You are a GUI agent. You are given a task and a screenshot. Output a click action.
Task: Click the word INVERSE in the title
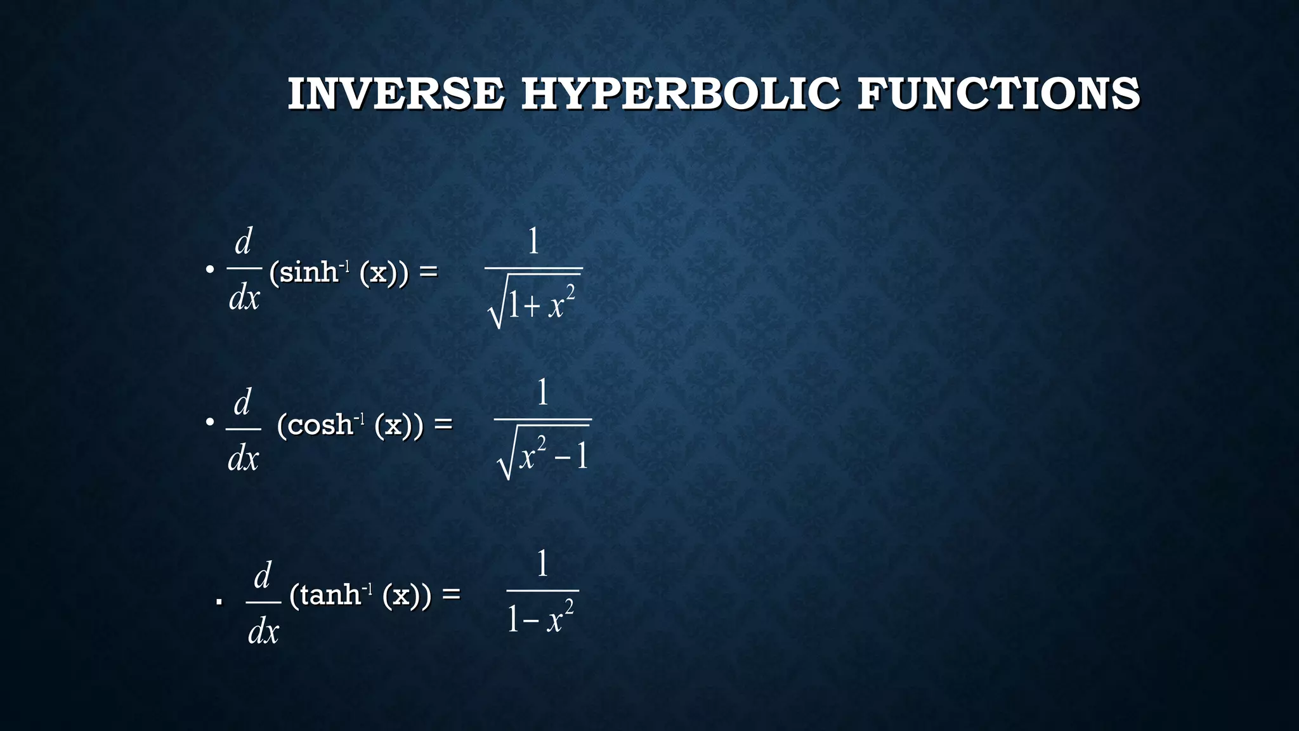tap(396, 94)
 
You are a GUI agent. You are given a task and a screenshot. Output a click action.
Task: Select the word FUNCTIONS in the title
tap(998, 94)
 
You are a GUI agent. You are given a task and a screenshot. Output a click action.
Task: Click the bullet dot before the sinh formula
tap(209, 270)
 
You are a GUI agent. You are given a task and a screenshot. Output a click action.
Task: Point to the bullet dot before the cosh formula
tap(210, 421)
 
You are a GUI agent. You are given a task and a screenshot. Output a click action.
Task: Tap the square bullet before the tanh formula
tap(219, 601)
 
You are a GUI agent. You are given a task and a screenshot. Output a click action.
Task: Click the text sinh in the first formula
tap(308, 273)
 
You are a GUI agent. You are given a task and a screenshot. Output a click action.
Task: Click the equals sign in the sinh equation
tap(428, 272)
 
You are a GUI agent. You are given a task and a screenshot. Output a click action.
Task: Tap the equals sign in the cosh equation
tap(443, 423)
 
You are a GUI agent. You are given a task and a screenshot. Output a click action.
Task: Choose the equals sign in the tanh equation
tap(451, 594)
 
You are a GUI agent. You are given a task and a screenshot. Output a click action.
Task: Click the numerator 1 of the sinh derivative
tap(533, 241)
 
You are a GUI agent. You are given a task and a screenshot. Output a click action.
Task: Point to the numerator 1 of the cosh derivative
tap(542, 392)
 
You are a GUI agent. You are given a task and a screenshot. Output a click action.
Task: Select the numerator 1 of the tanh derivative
tap(542, 563)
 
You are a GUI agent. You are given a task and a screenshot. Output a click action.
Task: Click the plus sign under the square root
tap(532, 308)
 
